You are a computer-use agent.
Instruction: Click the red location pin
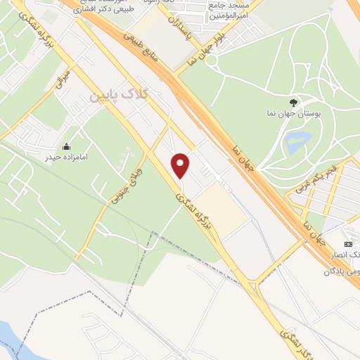181,165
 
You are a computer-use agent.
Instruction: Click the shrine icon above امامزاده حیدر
65,146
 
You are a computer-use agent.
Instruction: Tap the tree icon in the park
294,102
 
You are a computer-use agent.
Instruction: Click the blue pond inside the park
300,139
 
